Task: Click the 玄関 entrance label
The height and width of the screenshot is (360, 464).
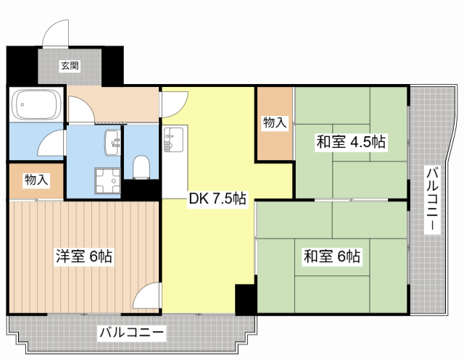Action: pyautogui.click(x=70, y=66)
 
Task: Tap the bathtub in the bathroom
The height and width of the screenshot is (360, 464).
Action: pyautogui.click(x=36, y=104)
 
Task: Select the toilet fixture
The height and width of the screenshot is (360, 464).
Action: pyautogui.click(x=141, y=167)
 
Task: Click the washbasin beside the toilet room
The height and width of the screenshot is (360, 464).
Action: pyautogui.click(x=112, y=143)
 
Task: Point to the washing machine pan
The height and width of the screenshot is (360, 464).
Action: pyautogui.click(x=108, y=180)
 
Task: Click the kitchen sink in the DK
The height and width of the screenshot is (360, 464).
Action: pyautogui.click(x=175, y=139)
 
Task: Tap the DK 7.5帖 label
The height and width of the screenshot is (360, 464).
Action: pyautogui.click(x=217, y=199)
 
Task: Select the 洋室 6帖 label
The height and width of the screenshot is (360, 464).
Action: pyautogui.click(x=84, y=256)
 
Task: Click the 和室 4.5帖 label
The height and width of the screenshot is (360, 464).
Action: pyautogui.click(x=351, y=141)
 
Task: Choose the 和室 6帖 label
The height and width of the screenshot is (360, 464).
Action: pyautogui.click(x=332, y=256)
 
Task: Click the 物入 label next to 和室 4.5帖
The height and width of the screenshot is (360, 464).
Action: pyautogui.click(x=275, y=122)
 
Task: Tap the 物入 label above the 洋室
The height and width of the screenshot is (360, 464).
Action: pyautogui.click(x=36, y=180)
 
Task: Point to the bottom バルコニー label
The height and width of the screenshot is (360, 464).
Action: pyautogui.click(x=131, y=332)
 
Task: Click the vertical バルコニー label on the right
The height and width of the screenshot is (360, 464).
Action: pyautogui.click(x=432, y=198)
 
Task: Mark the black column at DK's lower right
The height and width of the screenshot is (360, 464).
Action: pyautogui.click(x=246, y=300)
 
